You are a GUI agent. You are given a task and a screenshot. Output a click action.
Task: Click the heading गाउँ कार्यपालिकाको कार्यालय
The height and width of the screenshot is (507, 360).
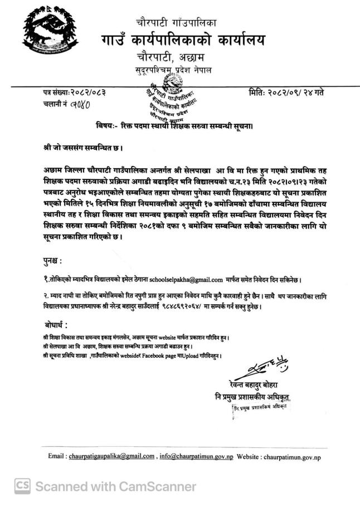click(x=183, y=41)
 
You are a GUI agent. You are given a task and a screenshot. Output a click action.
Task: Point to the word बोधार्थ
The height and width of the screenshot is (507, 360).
click(x=57, y=325)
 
